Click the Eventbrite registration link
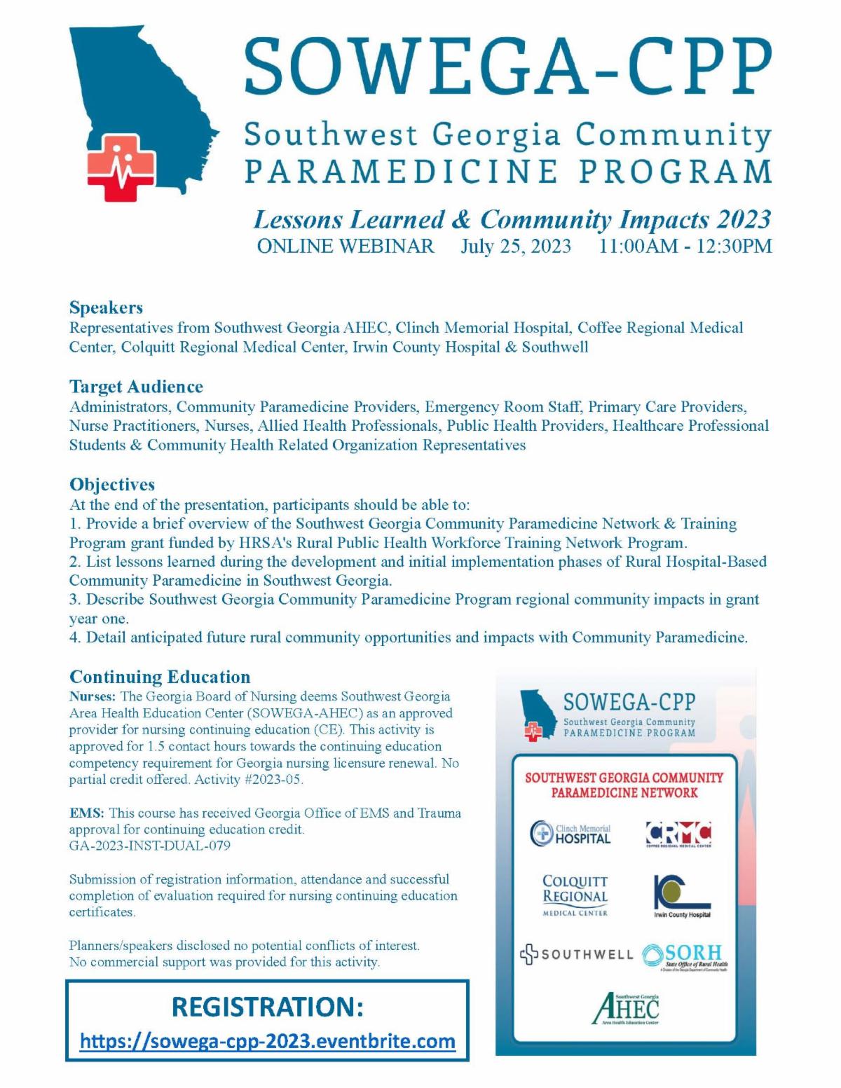(268, 1041)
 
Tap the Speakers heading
(106, 308)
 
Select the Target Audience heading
(136, 387)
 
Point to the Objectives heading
(112, 485)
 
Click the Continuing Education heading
(160, 677)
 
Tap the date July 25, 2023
(515, 247)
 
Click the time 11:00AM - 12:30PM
(685, 247)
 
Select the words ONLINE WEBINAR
(346, 247)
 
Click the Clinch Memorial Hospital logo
(571, 833)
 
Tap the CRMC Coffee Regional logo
(678, 834)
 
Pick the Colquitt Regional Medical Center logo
(575, 895)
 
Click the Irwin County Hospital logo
(681, 896)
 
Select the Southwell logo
(576, 954)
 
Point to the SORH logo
(684, 956)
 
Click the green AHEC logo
(626, 1009)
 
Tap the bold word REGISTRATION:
(268, 1007)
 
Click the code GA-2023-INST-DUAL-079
(149, 846)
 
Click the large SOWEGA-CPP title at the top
(507, 63)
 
